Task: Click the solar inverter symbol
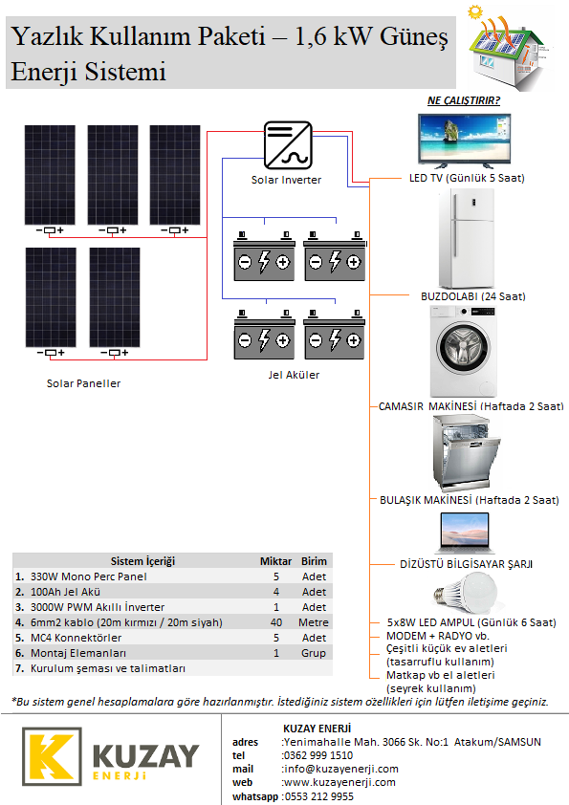pyautogui.click(x=288, y=145)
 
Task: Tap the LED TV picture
pyautogui.click(x=464, y=141)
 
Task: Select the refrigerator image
pyautogui.click(x=467, y=238)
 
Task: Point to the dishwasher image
pyautogui.click(x=467, y=453)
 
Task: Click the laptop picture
pyautogui.click(x=465, y=533)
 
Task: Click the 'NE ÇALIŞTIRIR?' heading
pyautogui.click(x=464, y=100)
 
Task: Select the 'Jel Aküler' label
pyautogui.click(x=294, y=375)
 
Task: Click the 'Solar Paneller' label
pyautogui.click(x=84, y=383)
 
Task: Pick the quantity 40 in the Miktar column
pyautogui.click(x=276, y=622)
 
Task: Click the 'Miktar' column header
pyautogui.click(x=275, y=561)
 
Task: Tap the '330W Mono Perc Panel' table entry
pyautogui.click(x=89, y=577)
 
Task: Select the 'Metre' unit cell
pyautogui.click(x=314, y=622)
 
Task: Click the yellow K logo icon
pyautogui.click(x=52, y=756)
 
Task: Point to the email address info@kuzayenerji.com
pyautogui.click(x=341, y=769)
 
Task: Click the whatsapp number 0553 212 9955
pyautogui.click(x=318, y=796)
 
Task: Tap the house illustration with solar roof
pyautogui.click(x=510, y=49)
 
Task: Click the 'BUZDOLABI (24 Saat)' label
pyautogui.click(x=473, y=296)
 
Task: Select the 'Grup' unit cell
pyautogui.click(x=314, y=653)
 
